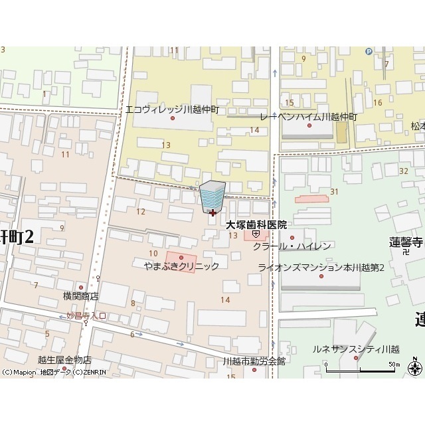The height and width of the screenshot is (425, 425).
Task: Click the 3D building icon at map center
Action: tap(212, 197)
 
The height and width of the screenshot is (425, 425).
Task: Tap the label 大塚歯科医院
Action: tap(256, 225)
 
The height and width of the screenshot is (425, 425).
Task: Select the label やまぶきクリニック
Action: tap(181, 266)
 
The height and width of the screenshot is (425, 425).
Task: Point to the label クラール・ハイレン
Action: tap(292, 246)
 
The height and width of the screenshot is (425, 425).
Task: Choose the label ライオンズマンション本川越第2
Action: tap(321, 267)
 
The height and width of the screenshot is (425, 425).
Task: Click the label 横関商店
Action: tap(81, 296)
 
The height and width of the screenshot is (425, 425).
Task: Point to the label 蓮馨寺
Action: tap(406, 242)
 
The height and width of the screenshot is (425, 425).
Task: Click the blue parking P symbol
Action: tap(369, 50)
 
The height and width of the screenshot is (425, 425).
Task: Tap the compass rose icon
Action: tap(416, 366)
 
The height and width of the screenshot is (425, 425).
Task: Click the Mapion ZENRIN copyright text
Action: tap(53, 373)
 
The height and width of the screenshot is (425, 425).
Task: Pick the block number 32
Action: tap(404, 171)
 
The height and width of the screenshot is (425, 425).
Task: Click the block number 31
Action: tap(334, 192)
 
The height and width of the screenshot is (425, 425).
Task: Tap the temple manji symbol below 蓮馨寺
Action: tap(406, 252)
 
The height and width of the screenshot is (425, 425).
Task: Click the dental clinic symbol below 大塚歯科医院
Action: tap(256, 234)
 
